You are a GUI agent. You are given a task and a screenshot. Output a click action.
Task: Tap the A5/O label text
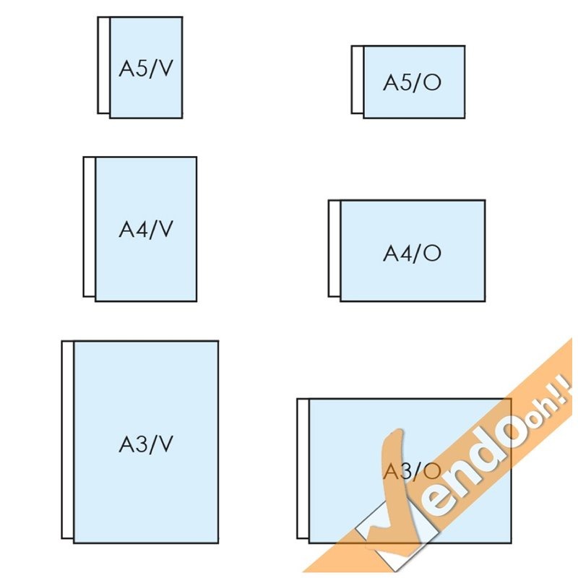(x=412, y=82)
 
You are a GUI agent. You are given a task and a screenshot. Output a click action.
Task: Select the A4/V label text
(x=147, y=229)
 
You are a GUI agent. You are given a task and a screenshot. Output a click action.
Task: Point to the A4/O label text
(x=412, y=253)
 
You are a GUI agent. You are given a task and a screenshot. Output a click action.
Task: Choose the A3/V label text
(x=147, y=443)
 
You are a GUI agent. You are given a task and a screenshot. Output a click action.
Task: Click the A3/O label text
(x=412, y=470)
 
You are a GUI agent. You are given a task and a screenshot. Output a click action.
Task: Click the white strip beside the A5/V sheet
(x=103, y=66)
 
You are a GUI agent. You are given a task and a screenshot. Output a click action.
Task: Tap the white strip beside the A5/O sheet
(x=357, y=80)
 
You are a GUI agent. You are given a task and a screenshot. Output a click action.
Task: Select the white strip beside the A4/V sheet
(x=89, y=227)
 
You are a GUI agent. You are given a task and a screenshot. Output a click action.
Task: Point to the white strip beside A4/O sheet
(x=334, y=249)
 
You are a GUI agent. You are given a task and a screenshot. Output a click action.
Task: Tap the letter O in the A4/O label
(x=432, y=253)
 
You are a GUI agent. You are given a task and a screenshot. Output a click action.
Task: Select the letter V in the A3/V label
(x=165, y=443)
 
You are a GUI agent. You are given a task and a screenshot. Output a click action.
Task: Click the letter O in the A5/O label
(x=432, y=82)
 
